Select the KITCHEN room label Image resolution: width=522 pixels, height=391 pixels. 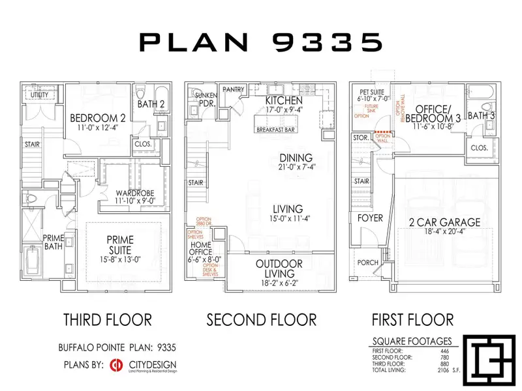(284, 102)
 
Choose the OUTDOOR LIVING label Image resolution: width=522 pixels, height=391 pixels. (278, 265)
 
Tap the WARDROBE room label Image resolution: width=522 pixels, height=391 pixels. (134, 194)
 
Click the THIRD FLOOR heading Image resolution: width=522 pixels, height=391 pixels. (108, 320)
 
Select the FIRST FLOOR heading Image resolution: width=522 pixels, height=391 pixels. (412, 320)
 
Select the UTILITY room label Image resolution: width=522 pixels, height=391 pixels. (40, 95)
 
